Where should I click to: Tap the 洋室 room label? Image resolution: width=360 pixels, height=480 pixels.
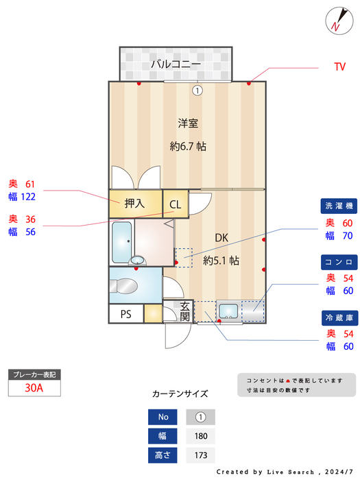tap(188, 123)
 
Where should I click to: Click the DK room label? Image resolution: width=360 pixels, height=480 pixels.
tap(221, 238)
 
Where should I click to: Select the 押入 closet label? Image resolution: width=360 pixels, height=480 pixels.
tap(134, 203)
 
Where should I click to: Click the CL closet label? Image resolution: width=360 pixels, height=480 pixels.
tap(176, 204)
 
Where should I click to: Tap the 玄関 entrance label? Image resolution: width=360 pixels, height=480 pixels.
tap(185, 311)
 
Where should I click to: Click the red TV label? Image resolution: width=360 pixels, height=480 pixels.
tap(339, 67)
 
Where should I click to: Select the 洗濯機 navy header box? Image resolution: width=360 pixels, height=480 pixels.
tap(339, 206)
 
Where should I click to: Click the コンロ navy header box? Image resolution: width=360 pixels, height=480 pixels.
tap(339, 262)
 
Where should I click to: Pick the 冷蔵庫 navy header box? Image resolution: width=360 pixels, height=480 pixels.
tap(339, 318)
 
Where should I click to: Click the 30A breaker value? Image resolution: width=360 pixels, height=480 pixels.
tap(34, 387)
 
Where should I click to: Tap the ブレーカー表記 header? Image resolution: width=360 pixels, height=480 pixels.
tap(34, 374)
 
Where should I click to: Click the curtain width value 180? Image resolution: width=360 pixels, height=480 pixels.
tap(200, 435)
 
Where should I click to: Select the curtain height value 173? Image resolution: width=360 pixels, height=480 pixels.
tap(200, 455)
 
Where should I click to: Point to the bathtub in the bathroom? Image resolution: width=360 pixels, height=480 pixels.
tap(121, 241)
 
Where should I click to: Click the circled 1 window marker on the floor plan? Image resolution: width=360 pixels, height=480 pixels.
tap(197, 90)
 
